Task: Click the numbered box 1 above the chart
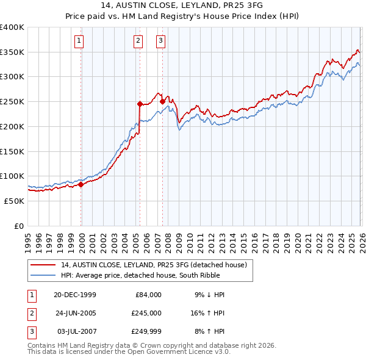pyautogui.click(x=80, y=41)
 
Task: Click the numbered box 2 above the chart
pyautogui.click(x=138, y=41)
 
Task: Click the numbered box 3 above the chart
pyautogui.click(x=160, y=41)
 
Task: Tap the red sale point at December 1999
pyautogui.click(x=81, y=184)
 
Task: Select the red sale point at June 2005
pyautogui.click(x=140, y=104)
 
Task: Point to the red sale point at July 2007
pyautogui.click(x=162, y=101)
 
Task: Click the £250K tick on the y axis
pyautogui.click(x=12, y=102)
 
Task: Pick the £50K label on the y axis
pyautogui.click(x=13, y=201)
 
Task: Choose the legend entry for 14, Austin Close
pyautogui.click(x=153, y=265)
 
